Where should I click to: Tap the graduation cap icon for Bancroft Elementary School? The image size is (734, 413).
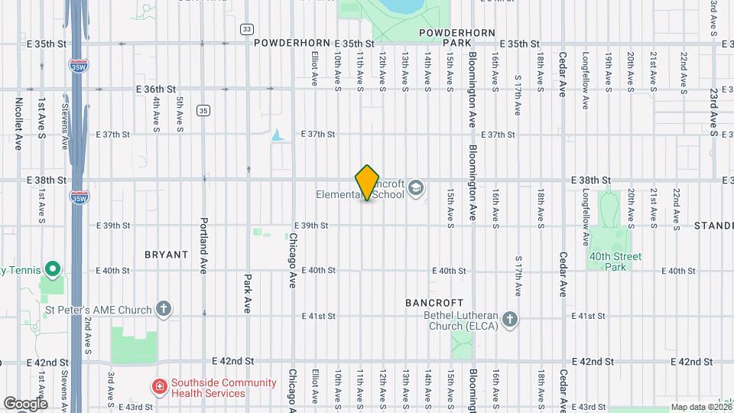tap(416, 188)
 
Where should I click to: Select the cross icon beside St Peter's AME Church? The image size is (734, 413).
tap(162, 308)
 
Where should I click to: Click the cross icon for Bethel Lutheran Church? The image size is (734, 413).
tap(510, 319)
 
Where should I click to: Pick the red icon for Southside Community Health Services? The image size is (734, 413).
tap(160, 388)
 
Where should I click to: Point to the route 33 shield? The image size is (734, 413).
tap(246, 29)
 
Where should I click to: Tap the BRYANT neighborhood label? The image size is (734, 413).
tap(166, 254)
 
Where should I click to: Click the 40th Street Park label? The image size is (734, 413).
tap(615, 262)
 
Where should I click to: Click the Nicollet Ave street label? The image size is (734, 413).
tap(18, 122)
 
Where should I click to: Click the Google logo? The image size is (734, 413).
tap(25, 403)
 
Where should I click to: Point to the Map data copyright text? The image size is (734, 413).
tap(700, 407)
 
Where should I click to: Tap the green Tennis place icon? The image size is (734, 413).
tap(52, 269)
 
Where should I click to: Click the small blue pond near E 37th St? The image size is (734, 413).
tap(277, 136)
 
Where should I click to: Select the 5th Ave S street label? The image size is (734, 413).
tap(180, 113)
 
